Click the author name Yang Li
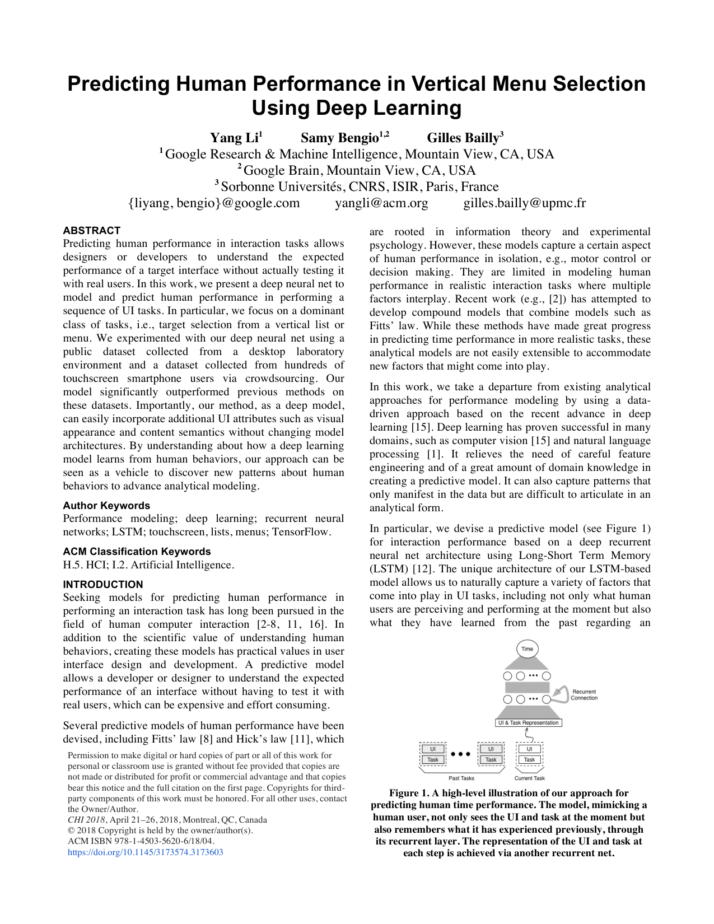point(234,138)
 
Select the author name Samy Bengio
point(340,138)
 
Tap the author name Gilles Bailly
point(463,138)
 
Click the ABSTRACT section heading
point(92,231)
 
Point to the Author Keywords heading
point(106,506)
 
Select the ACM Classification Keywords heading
point(137,552)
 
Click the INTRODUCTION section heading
point(103,585)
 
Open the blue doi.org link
point(146,852)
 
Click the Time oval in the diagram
point(527,649)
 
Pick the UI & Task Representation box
point(529,723)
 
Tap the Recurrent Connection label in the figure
point(584,695)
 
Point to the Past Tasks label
point(461,778)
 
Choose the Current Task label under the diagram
point(529,778)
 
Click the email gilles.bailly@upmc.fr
point(524,203)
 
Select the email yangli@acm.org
point(381,203)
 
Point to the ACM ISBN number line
point(141,841)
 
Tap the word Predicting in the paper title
point(118,84)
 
